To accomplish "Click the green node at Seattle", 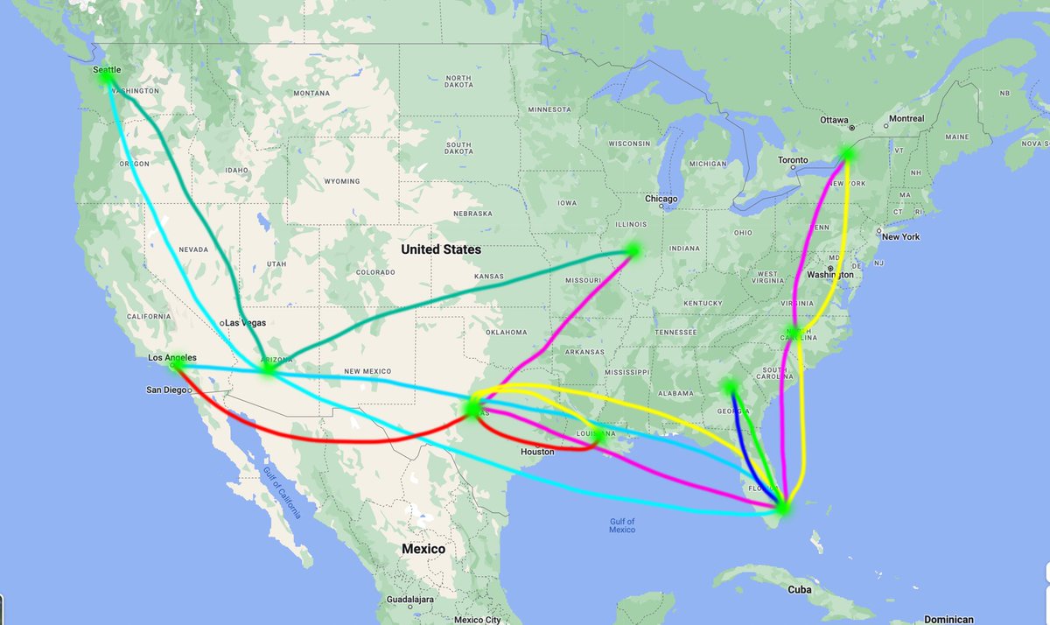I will tap(107, 77).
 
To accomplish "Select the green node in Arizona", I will tap(269, 369).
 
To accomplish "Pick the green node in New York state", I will tap(846, 154).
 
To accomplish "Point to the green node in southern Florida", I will tap(783, 506).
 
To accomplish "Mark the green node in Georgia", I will tap(731, 386).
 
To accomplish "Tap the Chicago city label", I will tap(661, 200).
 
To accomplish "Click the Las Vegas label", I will tap(246, 323).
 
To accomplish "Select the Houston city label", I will tap(537, 452).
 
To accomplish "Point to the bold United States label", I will tap(441, 249).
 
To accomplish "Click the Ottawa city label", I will tap(835, 119).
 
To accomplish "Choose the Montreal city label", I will tap(905, 119).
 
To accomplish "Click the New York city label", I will tap(901, 237).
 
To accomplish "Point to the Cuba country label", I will tap(799, 590).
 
